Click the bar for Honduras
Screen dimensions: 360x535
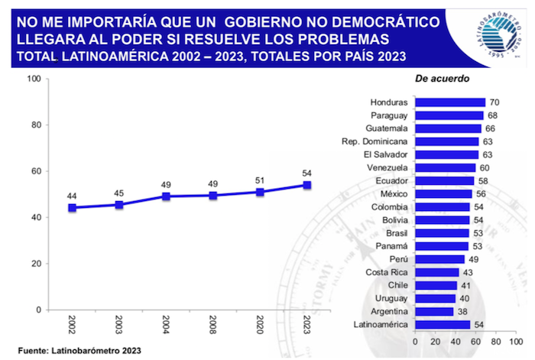pyautogui.click(x=449, y=102)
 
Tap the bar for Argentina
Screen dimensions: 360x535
pyautogui.click(x=433, y=311)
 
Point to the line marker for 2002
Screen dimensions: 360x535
pyautogui.click(x=72, y=208)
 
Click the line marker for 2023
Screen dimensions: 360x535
pyautogui.click(x=307, y=185)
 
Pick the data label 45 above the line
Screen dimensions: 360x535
pyautogui.click(x=118, y=193)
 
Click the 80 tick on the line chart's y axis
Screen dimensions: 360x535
pyautogui.click(x=35, y=125)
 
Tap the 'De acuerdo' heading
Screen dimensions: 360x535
pyautogui.click(x=442, y=78)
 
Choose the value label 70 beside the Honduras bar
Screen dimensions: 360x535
pyautogui.click(x=494, y=102)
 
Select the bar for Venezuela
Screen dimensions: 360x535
pyautogui.click(x=445, y=167)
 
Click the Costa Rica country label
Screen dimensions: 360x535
pyautogui.click(x=386, y=272)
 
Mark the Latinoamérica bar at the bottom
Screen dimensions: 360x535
pyautogui.click(x=442, y=324)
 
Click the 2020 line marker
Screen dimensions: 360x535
pyautogui.click(x=260, y=192)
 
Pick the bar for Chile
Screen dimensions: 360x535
pyautogui.click(x=435, y=285)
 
